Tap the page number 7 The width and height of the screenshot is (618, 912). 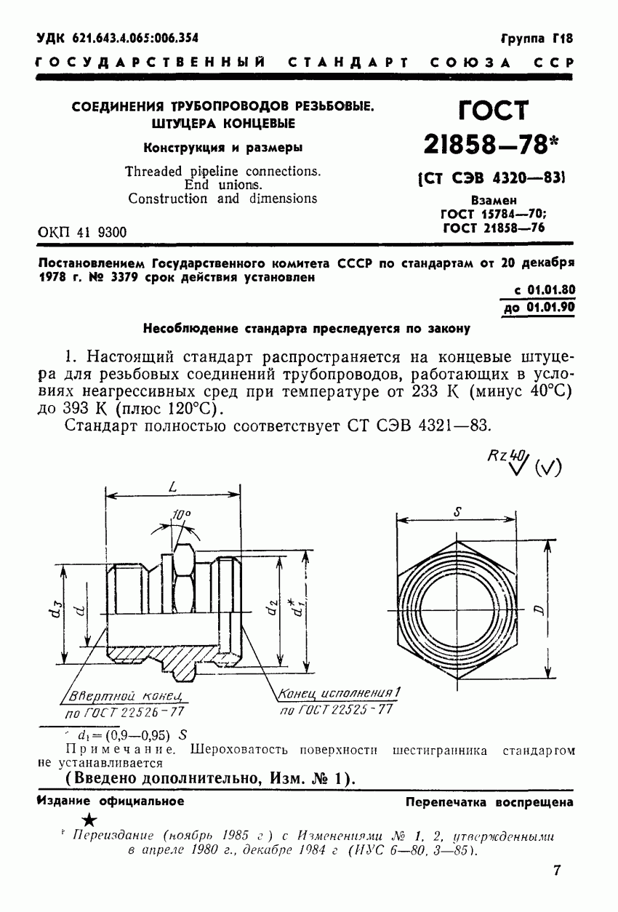coord(557,870)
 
